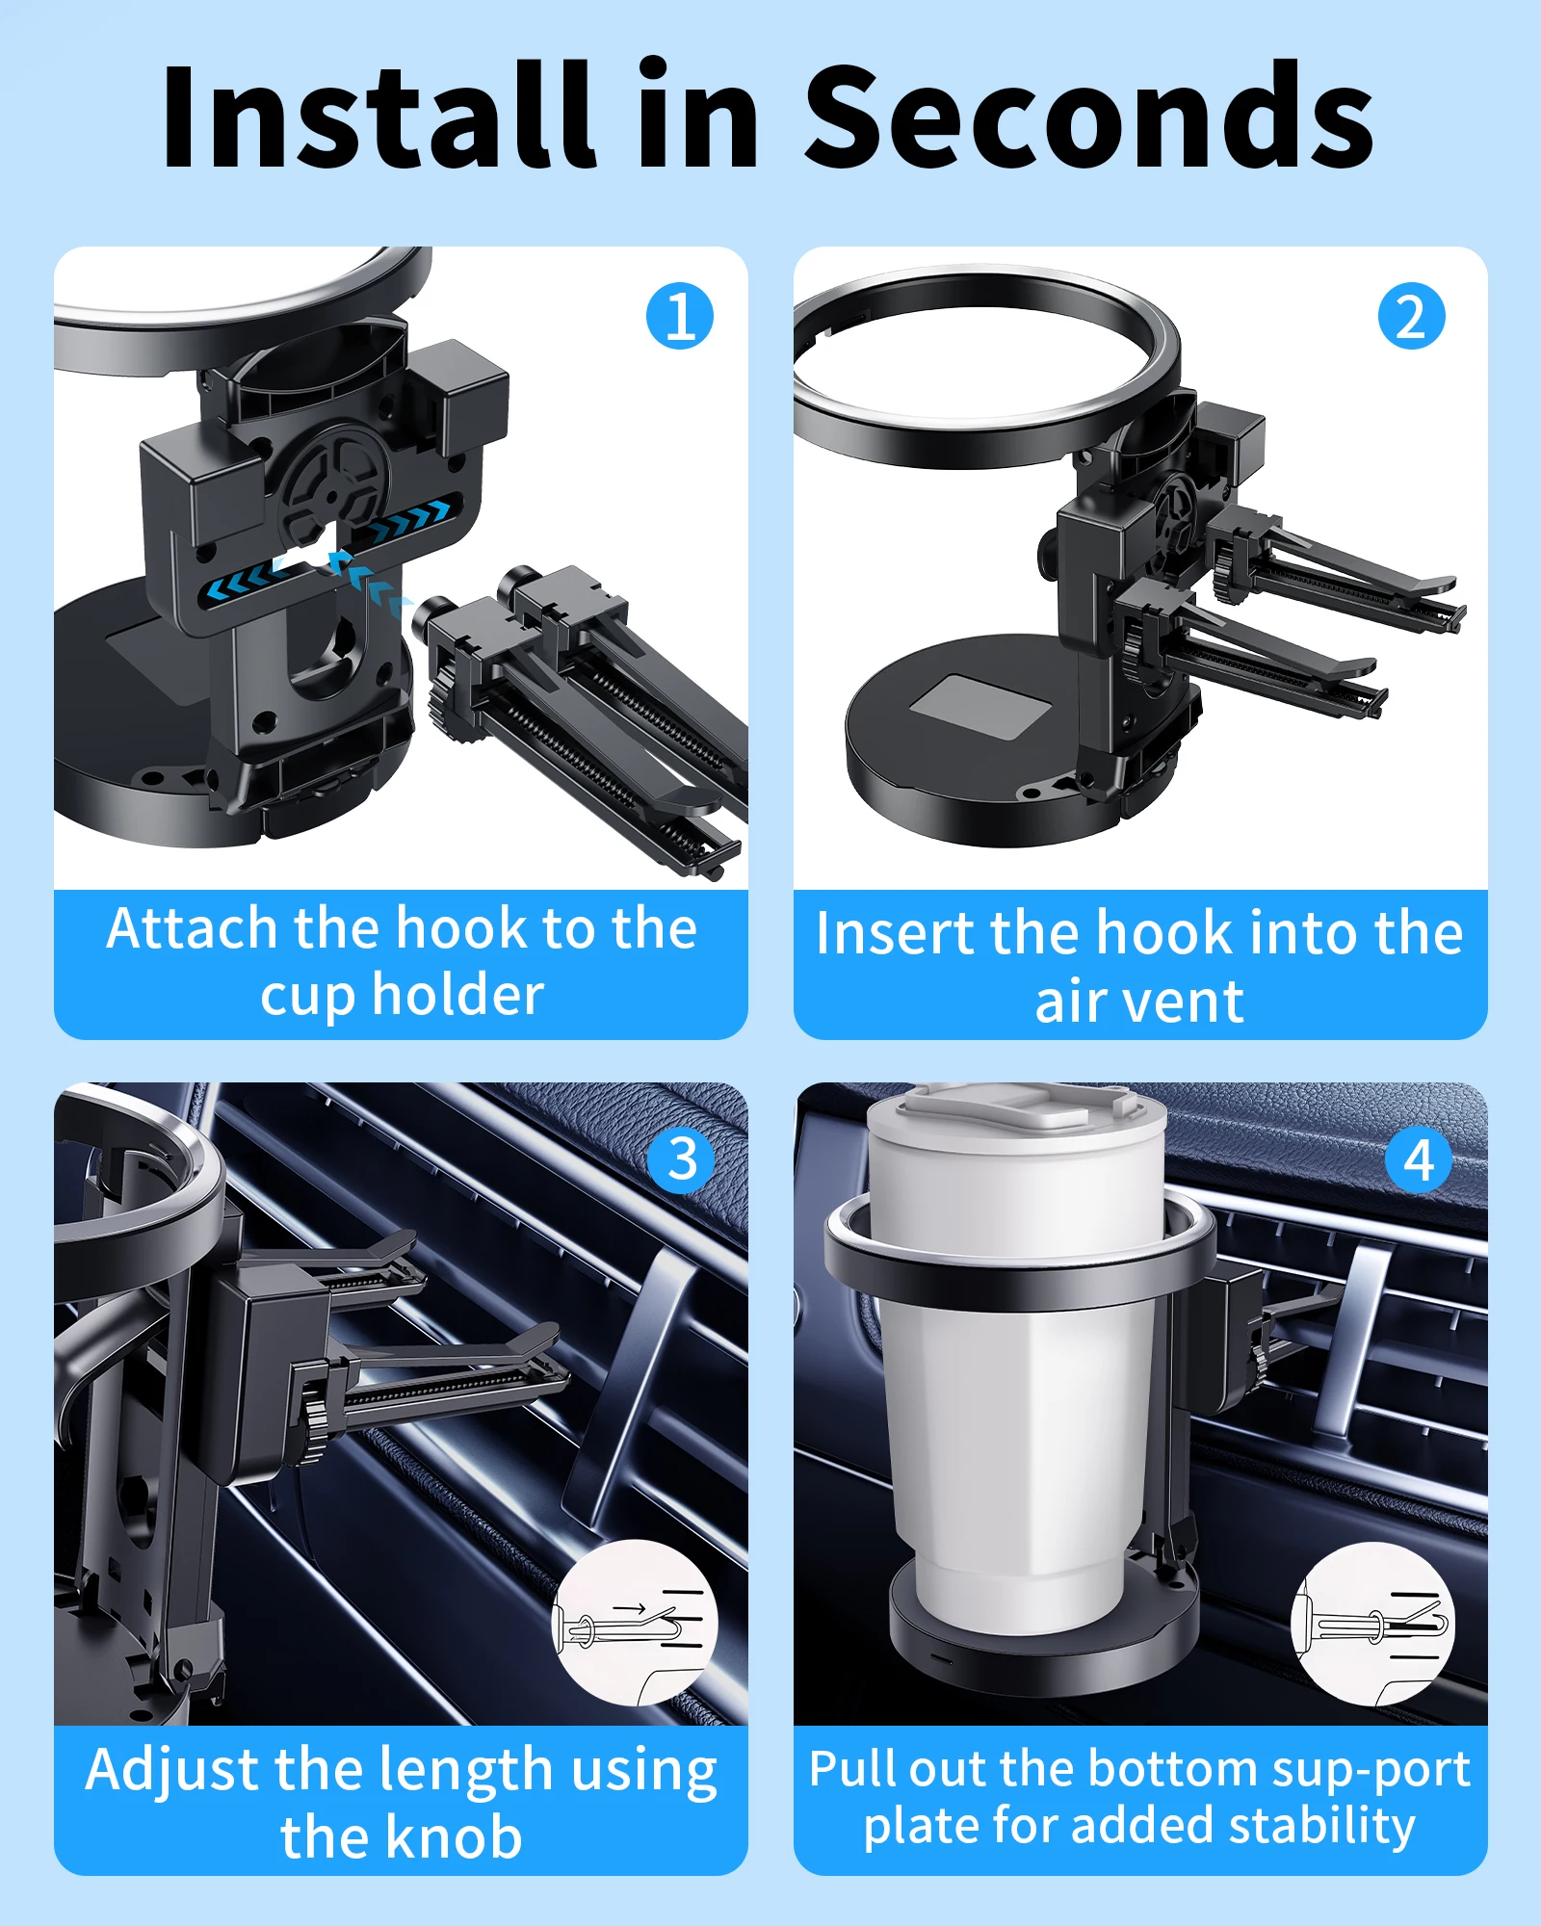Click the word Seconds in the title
coord(1089,117)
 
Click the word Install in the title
coord(377,114)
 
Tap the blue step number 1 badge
coord(680,316)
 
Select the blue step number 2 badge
coord(1411,316)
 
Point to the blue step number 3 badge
coord(682,1159)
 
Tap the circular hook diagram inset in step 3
coord(635,1622)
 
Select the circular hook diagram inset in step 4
coord(1373,1624)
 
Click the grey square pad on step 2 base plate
coord(980,707)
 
